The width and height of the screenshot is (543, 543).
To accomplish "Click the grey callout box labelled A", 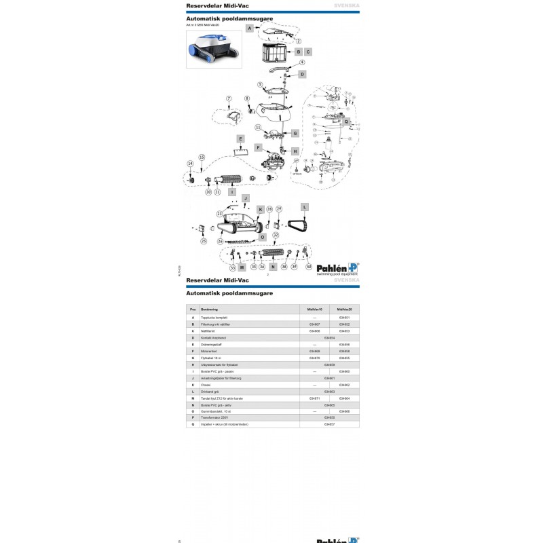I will click(249, 29).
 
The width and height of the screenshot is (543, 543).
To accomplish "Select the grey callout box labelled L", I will click(305, 206).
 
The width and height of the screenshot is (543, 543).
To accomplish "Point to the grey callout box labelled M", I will click(242, 268).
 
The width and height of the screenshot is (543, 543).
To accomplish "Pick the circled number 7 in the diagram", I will click(229, 99).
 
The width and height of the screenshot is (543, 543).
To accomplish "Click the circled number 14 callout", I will click(190, 164).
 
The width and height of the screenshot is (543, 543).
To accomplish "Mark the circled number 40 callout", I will click(309, 267).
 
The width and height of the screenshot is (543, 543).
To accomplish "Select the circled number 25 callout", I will click(204, 240).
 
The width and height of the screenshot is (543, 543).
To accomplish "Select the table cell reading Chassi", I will click(205, 385).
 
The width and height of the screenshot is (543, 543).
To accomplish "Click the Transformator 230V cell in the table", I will click(214, 418).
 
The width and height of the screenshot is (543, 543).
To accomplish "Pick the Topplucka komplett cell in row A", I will click(214, 318).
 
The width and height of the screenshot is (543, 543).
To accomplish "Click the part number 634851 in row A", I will click(344, 318).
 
